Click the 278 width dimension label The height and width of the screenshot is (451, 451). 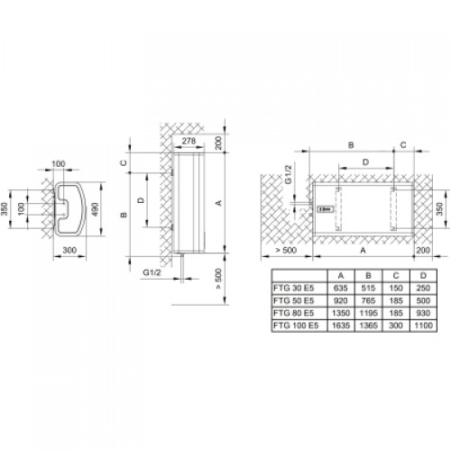click(x=189, y=141)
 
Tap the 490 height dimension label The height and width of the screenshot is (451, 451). click(x=95, y=209)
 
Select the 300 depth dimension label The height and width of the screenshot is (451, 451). click(x=69, y=250)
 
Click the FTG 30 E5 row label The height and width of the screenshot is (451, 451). click(x=293, y=288)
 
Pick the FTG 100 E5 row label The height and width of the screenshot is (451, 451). click(x=296, y=326)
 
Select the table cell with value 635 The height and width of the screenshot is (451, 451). click(x=341, y=288)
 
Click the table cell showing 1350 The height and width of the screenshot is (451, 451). click(x=341, y=313)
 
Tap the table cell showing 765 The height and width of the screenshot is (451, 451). click(x=368, y=300)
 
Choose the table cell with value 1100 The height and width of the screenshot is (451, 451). click(x=423, y=326)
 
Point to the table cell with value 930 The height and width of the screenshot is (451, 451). click(x=423, y=313)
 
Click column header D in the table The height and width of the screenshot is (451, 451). click(x=423, y=276)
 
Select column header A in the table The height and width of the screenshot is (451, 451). click(x=341, y=276)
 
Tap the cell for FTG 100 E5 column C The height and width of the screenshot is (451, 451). click(x=396, y=326)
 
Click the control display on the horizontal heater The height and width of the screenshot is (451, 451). click(x=326, y=209)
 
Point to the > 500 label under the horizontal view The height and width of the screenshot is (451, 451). click(x=286, y=250)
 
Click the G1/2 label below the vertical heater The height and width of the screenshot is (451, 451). click(x=152, y=272)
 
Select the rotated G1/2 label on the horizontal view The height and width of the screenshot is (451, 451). click(x=288, y=174)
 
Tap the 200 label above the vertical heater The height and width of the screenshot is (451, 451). click(x=218, y=143)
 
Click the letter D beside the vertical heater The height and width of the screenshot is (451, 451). click(x=141, y=200)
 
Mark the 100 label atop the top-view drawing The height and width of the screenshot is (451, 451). click(x=59, y=164)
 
